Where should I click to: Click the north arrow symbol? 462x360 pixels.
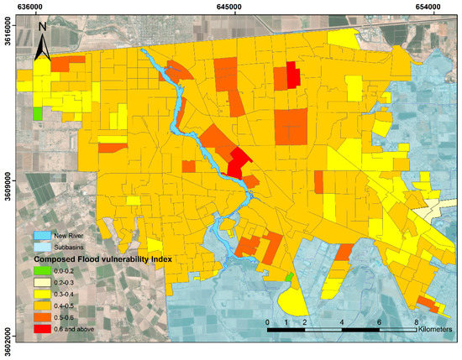pyautogui.click(x=45, y=42)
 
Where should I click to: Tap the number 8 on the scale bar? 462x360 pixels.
pyautogui.click(x=415, y=321)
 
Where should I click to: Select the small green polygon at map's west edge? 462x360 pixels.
pyautogui.click(x=37, y=112)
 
